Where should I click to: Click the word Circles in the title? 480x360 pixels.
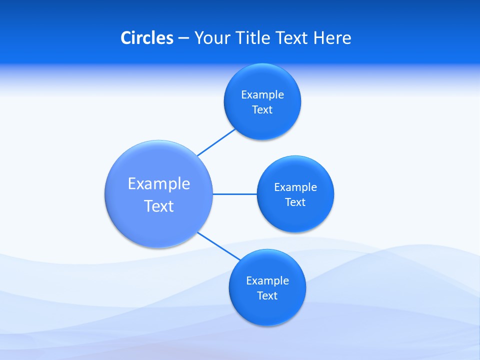point(147,38)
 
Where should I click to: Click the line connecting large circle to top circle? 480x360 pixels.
point(216,142)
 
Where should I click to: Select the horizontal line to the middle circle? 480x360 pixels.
point(235,194)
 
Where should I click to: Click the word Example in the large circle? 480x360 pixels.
point(159,183)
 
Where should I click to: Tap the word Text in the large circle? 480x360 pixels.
point(159,206)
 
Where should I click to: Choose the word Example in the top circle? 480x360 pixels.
point(262,95)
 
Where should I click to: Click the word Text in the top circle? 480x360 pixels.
point(262,110)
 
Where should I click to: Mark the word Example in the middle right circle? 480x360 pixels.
point(295,187)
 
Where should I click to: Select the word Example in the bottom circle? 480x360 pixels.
point(267,281)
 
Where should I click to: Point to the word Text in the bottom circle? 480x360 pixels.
point(267,296)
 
